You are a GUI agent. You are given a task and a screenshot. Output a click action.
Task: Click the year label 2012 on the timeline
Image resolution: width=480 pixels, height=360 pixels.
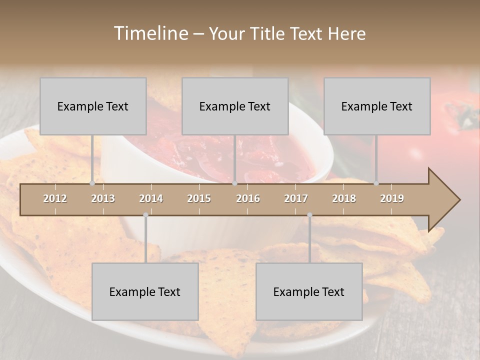pos(55,198)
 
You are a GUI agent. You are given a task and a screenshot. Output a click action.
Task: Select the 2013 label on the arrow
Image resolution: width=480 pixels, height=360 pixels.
pos(103,198)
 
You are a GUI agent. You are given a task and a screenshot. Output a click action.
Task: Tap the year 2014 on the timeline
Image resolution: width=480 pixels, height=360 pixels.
pos(151,198)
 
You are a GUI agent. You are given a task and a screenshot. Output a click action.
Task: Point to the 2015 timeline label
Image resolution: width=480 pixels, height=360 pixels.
pos(199,198)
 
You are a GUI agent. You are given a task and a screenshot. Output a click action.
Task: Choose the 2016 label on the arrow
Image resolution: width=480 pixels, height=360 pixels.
pos(248,198)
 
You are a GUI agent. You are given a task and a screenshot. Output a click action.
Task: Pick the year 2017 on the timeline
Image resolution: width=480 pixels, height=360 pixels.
pos(296,198)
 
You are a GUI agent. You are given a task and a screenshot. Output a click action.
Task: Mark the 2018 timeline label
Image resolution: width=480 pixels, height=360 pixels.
pos(344,198)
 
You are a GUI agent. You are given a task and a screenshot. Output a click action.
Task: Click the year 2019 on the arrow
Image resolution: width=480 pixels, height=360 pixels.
pos(392,198)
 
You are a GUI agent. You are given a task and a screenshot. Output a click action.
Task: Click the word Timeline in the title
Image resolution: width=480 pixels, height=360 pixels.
pos(150,33)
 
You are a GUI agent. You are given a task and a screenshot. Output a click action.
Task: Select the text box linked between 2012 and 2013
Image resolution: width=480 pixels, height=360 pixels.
pos(93,106)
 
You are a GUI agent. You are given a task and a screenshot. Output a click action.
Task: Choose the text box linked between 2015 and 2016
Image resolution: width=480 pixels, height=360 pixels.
pos(235,106)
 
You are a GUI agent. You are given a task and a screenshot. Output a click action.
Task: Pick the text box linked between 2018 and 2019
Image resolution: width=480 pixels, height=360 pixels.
pos(377,106)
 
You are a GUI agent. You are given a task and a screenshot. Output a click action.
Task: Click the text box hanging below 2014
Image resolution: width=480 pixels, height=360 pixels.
pos(145,291)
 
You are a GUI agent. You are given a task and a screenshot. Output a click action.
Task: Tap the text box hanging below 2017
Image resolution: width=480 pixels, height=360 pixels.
pos(309,291)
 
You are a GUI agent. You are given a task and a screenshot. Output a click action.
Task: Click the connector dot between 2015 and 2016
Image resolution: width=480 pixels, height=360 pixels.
pos(234,183)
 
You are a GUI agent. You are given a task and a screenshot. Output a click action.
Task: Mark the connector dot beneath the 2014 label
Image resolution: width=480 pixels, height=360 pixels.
pos(145,215)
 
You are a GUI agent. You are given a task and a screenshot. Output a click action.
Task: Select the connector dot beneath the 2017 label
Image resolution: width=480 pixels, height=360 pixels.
pos(309,215)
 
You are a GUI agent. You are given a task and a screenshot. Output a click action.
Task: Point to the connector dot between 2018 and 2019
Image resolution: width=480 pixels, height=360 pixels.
pos(376,183)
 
